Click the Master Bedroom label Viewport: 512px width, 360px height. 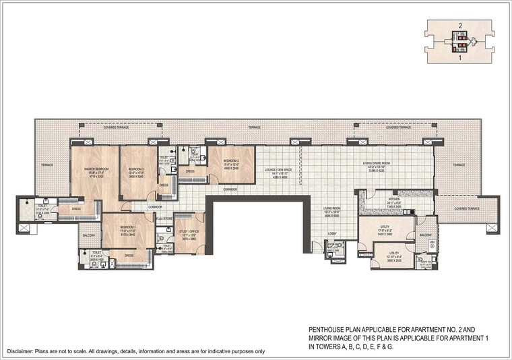[88, 169]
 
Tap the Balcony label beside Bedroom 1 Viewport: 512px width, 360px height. [88, 235]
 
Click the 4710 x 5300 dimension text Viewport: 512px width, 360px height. [88, 175]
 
